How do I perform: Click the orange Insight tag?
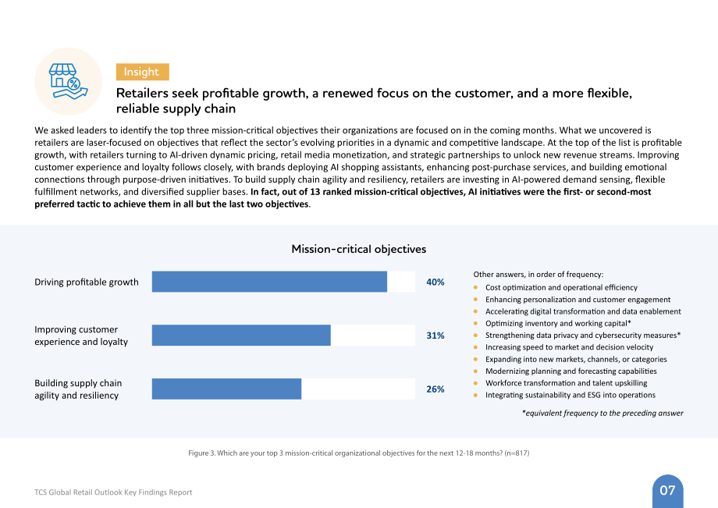coord(142,72)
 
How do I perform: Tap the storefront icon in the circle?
coord(68,81)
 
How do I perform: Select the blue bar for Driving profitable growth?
coord(269,282)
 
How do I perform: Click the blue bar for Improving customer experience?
coord(241,335)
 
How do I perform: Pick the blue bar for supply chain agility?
coord(226,389)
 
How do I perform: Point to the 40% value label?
coord(435,282)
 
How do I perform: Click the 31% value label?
coord(435,336)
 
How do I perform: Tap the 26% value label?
coord(435,389)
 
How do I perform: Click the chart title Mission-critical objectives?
coord(358,249)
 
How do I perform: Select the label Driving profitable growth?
coord(87,282)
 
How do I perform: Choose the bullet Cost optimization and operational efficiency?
coord(561,287)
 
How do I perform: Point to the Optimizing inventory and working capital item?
coord(558,323)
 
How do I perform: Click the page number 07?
coord(667,491)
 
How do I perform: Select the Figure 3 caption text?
coord(358,453)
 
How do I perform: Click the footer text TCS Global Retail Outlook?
coord(113,492)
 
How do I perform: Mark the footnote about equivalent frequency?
coord(602,413)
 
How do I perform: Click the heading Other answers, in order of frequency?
coord(538,275)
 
